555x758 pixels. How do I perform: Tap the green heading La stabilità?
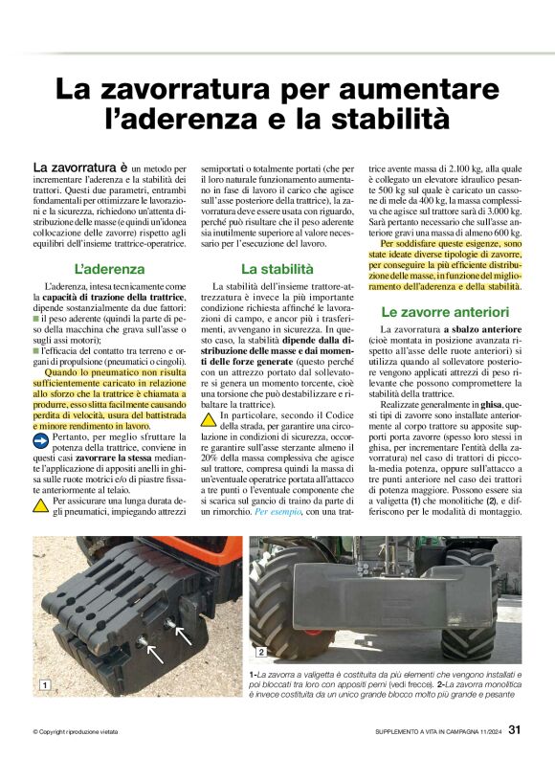coord(277,268)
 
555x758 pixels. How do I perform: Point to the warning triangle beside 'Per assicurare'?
coord(41,503)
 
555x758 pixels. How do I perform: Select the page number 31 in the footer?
coord(515,731)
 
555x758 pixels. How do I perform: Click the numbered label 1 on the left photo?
coord(44,684)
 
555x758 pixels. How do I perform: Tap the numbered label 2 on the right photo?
coord(260,652)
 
